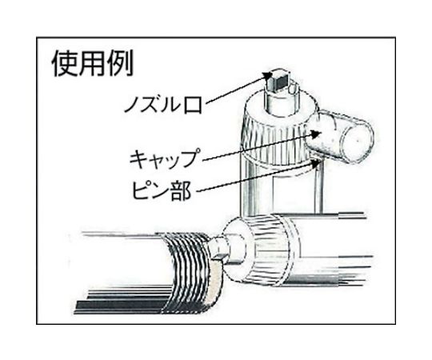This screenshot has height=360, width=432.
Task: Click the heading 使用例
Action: click(x=93, y=63)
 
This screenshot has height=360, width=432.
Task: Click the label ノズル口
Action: click(x=163, y=105)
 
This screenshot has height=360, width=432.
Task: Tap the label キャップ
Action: click(x=164, y=158)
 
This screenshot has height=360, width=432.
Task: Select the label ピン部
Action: click(x=162, y=190)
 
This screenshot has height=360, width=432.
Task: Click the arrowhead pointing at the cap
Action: click(x=316, y=134)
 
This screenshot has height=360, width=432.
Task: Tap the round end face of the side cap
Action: click(x=358, y=142)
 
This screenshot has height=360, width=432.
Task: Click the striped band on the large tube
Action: click(x=187, y=271)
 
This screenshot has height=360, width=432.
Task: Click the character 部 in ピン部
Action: click(x=181, y=190)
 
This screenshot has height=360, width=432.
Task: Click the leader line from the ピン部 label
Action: click(x=256, y=177)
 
